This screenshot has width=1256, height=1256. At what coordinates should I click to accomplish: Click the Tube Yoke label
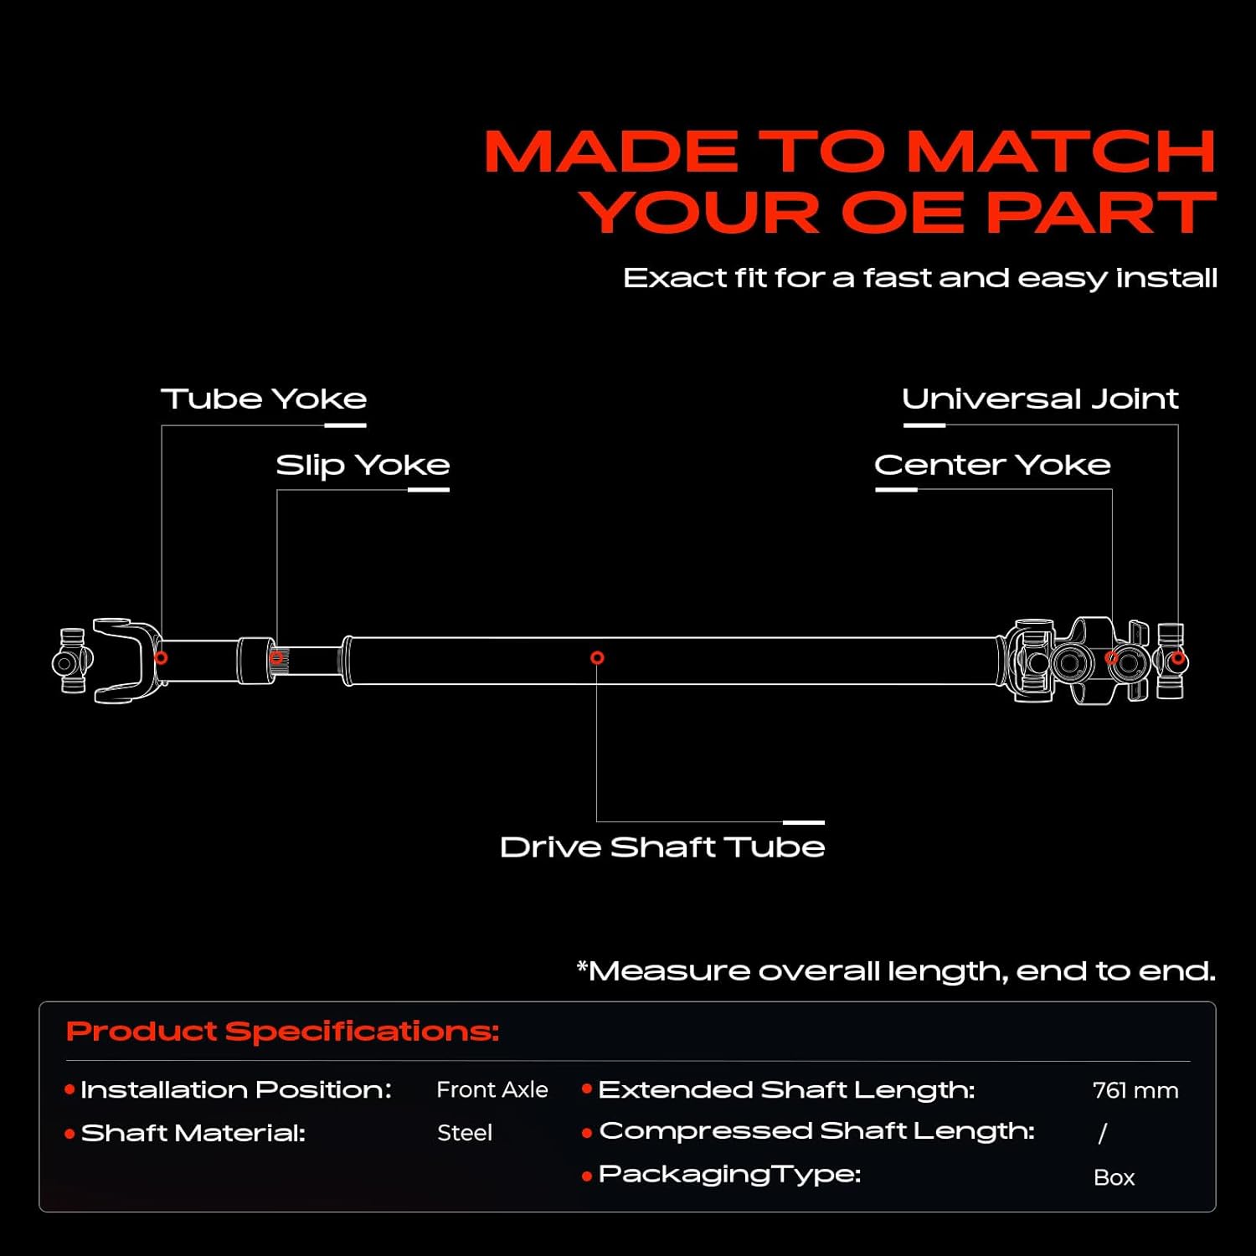tap(264, 399)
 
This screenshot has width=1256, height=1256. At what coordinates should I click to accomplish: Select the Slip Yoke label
tap(363, 465)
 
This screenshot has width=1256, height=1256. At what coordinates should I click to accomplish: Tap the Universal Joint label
tap(1040, 399)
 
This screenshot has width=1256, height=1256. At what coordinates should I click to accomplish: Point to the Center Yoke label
tap(992, 465)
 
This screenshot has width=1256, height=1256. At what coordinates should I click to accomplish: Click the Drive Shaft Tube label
tap(662, 847)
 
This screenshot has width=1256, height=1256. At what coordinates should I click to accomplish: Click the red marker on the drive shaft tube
tap(597, 658)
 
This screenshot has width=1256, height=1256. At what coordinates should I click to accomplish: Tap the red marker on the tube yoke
tap(161, 658)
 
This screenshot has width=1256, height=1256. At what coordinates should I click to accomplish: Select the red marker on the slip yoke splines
tap(276, 658)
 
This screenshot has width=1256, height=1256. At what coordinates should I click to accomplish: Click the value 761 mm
tap(1135, 1090)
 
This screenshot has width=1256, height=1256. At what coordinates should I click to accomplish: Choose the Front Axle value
tap(492, 1089)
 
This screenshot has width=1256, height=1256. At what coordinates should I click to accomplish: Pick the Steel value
tap(465, 1133)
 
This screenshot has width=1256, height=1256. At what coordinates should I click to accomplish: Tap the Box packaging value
tap(1114, 1177)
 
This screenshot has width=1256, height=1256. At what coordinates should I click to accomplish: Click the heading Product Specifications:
tap(283, 1031)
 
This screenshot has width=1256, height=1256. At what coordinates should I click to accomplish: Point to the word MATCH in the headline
tap(1061, 152)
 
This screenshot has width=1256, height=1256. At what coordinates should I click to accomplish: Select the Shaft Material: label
tap(193, 1133)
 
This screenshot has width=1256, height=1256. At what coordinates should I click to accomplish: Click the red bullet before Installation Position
tap(69, 1089)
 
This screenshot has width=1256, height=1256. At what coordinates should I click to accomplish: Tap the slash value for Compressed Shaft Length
tap(1103, 1133)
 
